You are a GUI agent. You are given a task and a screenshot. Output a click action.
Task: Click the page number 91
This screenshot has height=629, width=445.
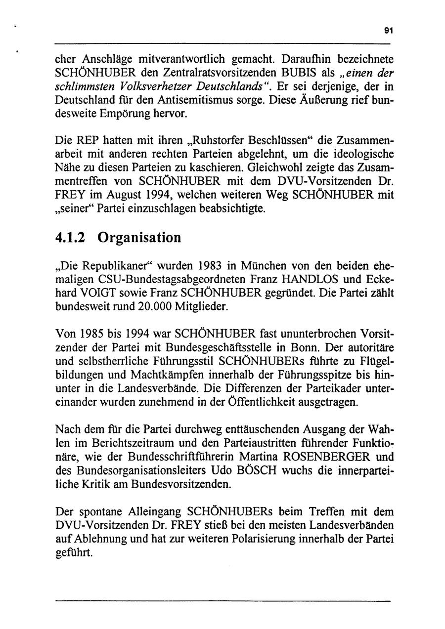pos(388,31)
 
